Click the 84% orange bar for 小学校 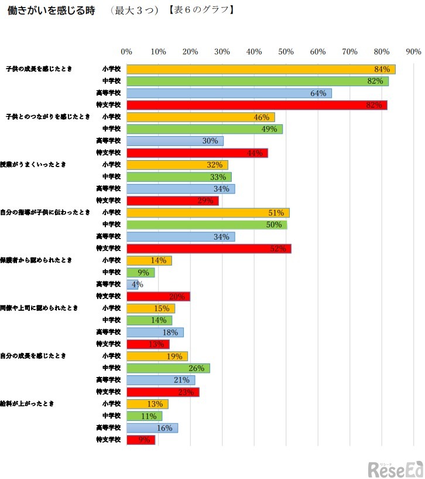tap(261, 69)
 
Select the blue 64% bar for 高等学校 tap(229, 93)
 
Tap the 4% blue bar tap(132, 284)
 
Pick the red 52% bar tap(208, 249)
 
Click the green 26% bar tap(168, 368)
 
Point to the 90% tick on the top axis tap(413, 52)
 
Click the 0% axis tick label tap(126, 52)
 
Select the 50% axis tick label tap(286, 52)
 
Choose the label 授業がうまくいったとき tap(32, 165)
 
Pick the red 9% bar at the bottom tap(140, 440)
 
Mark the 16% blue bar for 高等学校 tap(152, 428)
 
